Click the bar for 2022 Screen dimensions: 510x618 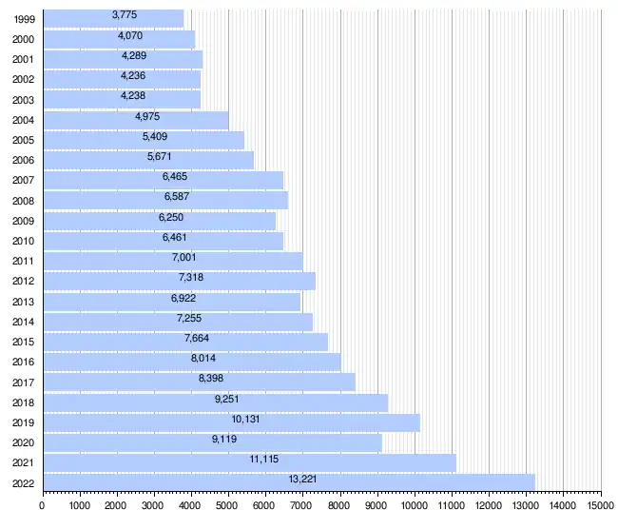point(289,481)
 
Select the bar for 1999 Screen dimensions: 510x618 point(113,19)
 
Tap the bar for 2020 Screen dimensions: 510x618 point(212,442)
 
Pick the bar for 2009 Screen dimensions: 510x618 point(159,221)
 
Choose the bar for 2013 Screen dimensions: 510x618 point(171,302)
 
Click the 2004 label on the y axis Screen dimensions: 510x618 point(23,120)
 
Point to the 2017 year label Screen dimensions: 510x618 point(23,382)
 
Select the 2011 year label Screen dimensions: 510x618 point(23,261)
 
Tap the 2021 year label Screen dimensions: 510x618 point(23,463)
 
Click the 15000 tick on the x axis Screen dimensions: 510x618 point(600,503)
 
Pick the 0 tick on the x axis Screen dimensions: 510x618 point(42,503)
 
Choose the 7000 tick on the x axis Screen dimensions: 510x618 point(302,503)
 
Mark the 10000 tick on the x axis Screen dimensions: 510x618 point(414,503)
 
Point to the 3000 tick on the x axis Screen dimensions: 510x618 point(153,503)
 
